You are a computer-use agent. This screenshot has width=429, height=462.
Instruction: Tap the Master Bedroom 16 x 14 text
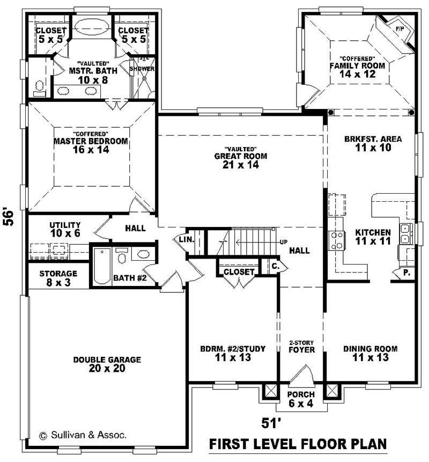coord(90,145)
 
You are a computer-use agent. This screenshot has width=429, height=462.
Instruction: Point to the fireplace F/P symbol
coord(400,28)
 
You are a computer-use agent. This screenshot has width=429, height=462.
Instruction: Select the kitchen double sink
coord(406,232)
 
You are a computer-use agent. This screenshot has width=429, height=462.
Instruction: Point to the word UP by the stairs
coord(283,242)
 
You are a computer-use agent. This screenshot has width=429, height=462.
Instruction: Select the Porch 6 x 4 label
coord(301,399)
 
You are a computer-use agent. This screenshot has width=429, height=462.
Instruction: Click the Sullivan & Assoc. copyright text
coord(83,435)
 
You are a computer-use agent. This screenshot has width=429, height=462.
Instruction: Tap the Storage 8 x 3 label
coord(58,277)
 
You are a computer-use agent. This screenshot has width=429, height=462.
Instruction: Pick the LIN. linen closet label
coord(186,239)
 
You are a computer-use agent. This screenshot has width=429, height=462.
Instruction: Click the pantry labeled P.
coord(406,273)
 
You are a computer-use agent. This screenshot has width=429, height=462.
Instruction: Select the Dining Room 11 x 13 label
coord(370,353)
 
